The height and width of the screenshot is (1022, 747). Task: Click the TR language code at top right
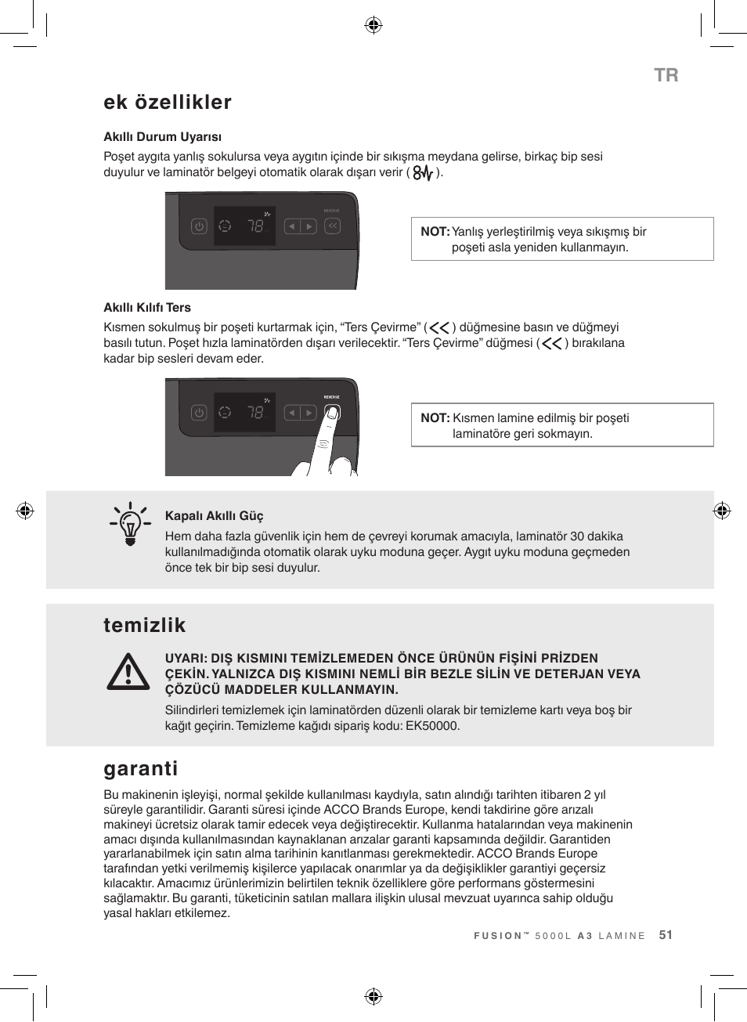(666, 75)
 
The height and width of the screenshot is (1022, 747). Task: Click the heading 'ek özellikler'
(168, 103)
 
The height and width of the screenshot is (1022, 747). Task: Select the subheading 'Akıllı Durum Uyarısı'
(162, 137)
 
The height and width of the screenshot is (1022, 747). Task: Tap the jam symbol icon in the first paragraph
(423, 173)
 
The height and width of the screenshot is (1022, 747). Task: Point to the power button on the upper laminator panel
(199, 226)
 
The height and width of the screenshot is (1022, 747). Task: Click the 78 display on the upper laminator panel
(255, 226)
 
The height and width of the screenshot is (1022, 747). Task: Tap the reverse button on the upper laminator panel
(332, 226)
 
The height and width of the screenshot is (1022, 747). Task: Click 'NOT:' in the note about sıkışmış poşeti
(435, 232)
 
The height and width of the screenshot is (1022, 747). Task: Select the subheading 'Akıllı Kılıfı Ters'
(147, 308)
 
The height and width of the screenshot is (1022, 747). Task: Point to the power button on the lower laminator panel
(199, 413)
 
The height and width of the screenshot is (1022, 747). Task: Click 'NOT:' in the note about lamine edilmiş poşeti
(435, 418)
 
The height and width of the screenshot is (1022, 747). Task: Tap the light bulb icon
(130, 524)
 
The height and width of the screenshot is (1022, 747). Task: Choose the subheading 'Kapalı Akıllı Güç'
(214, 516)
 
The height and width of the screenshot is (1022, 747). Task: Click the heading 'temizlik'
(145, 625)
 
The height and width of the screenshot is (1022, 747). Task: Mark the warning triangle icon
(128, 673)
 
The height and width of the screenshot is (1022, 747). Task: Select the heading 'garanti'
(141, 768)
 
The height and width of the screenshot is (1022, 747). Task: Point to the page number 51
(666, 935)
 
